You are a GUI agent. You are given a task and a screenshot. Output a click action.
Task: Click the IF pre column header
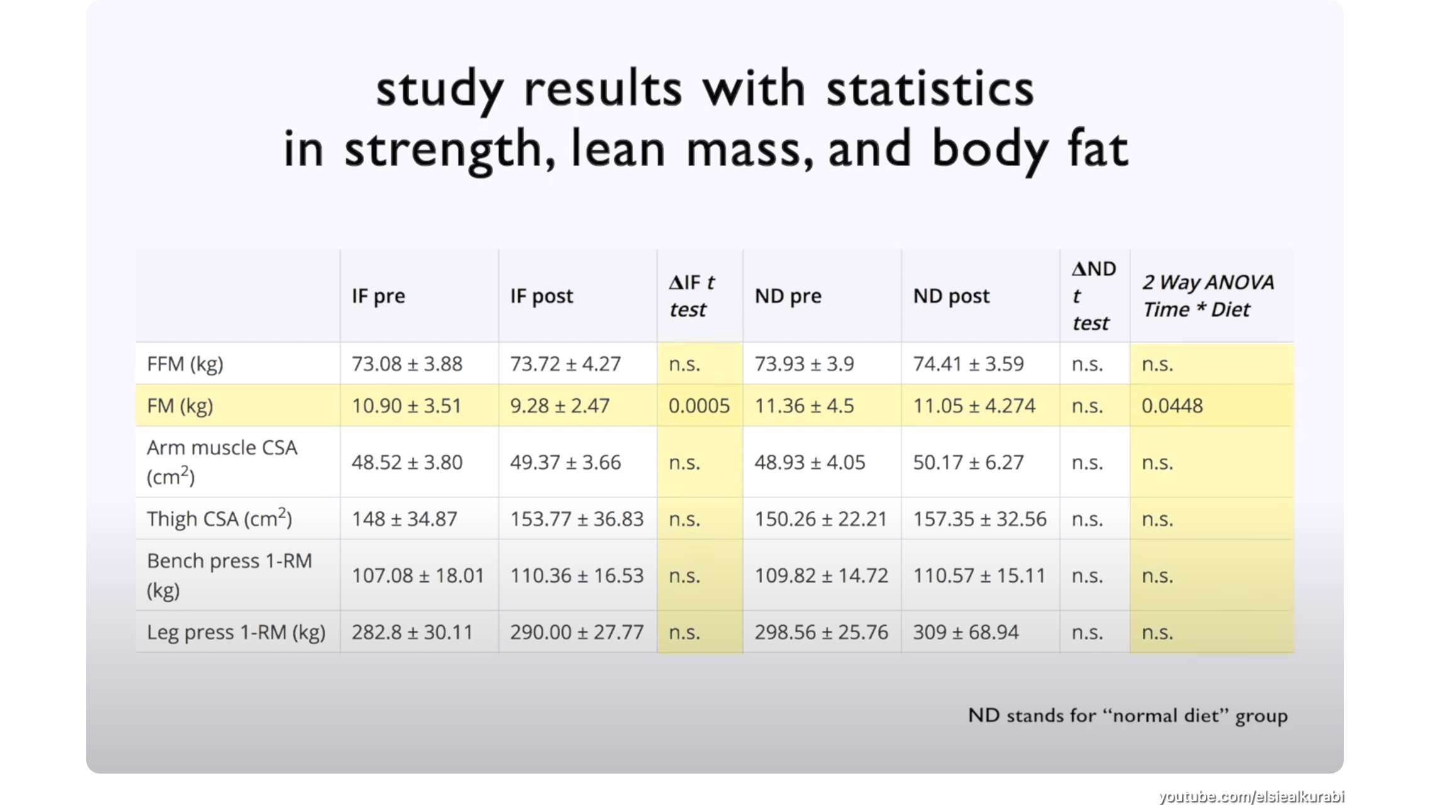[x=378, y=296]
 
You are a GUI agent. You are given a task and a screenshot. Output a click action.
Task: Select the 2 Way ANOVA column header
[x=1207, y=296]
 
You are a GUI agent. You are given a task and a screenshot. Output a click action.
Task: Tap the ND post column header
[x=951, y=296]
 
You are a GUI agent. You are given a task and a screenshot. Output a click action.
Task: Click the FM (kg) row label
[x=180, y=406]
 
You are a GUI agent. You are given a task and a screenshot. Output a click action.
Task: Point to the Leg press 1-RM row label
[x=236, y=633]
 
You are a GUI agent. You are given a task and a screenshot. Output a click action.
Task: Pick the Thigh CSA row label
[x=219, y=519]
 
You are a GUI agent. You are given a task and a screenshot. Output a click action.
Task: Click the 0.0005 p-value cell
[x=699, y=406]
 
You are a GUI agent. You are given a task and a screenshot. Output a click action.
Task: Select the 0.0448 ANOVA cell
[x=1172, y=406]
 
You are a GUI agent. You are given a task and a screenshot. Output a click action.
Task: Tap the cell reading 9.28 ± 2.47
[x=559, y=406]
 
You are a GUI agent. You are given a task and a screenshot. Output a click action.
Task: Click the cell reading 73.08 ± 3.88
[x=406, y=364]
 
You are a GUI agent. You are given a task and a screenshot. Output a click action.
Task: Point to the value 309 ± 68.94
[x=965, y=633]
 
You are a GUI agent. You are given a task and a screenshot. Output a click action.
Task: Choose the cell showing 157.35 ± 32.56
[x=979, y=519]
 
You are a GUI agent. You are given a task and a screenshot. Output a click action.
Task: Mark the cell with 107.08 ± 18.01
[x=418, y=576]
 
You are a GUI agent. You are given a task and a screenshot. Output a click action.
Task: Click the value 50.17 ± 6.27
[x=968, y=463]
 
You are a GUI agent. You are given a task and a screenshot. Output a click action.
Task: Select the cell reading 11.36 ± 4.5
[x=804, y=406]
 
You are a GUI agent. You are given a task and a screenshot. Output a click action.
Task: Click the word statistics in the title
[x=929, y=89]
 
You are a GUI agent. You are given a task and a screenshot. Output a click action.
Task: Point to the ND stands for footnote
[x=1128, y=716]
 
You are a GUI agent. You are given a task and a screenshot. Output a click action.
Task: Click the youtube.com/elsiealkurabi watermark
[x=1250, y=796]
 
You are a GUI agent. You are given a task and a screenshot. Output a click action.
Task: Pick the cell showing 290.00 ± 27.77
[x=577, y=633]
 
